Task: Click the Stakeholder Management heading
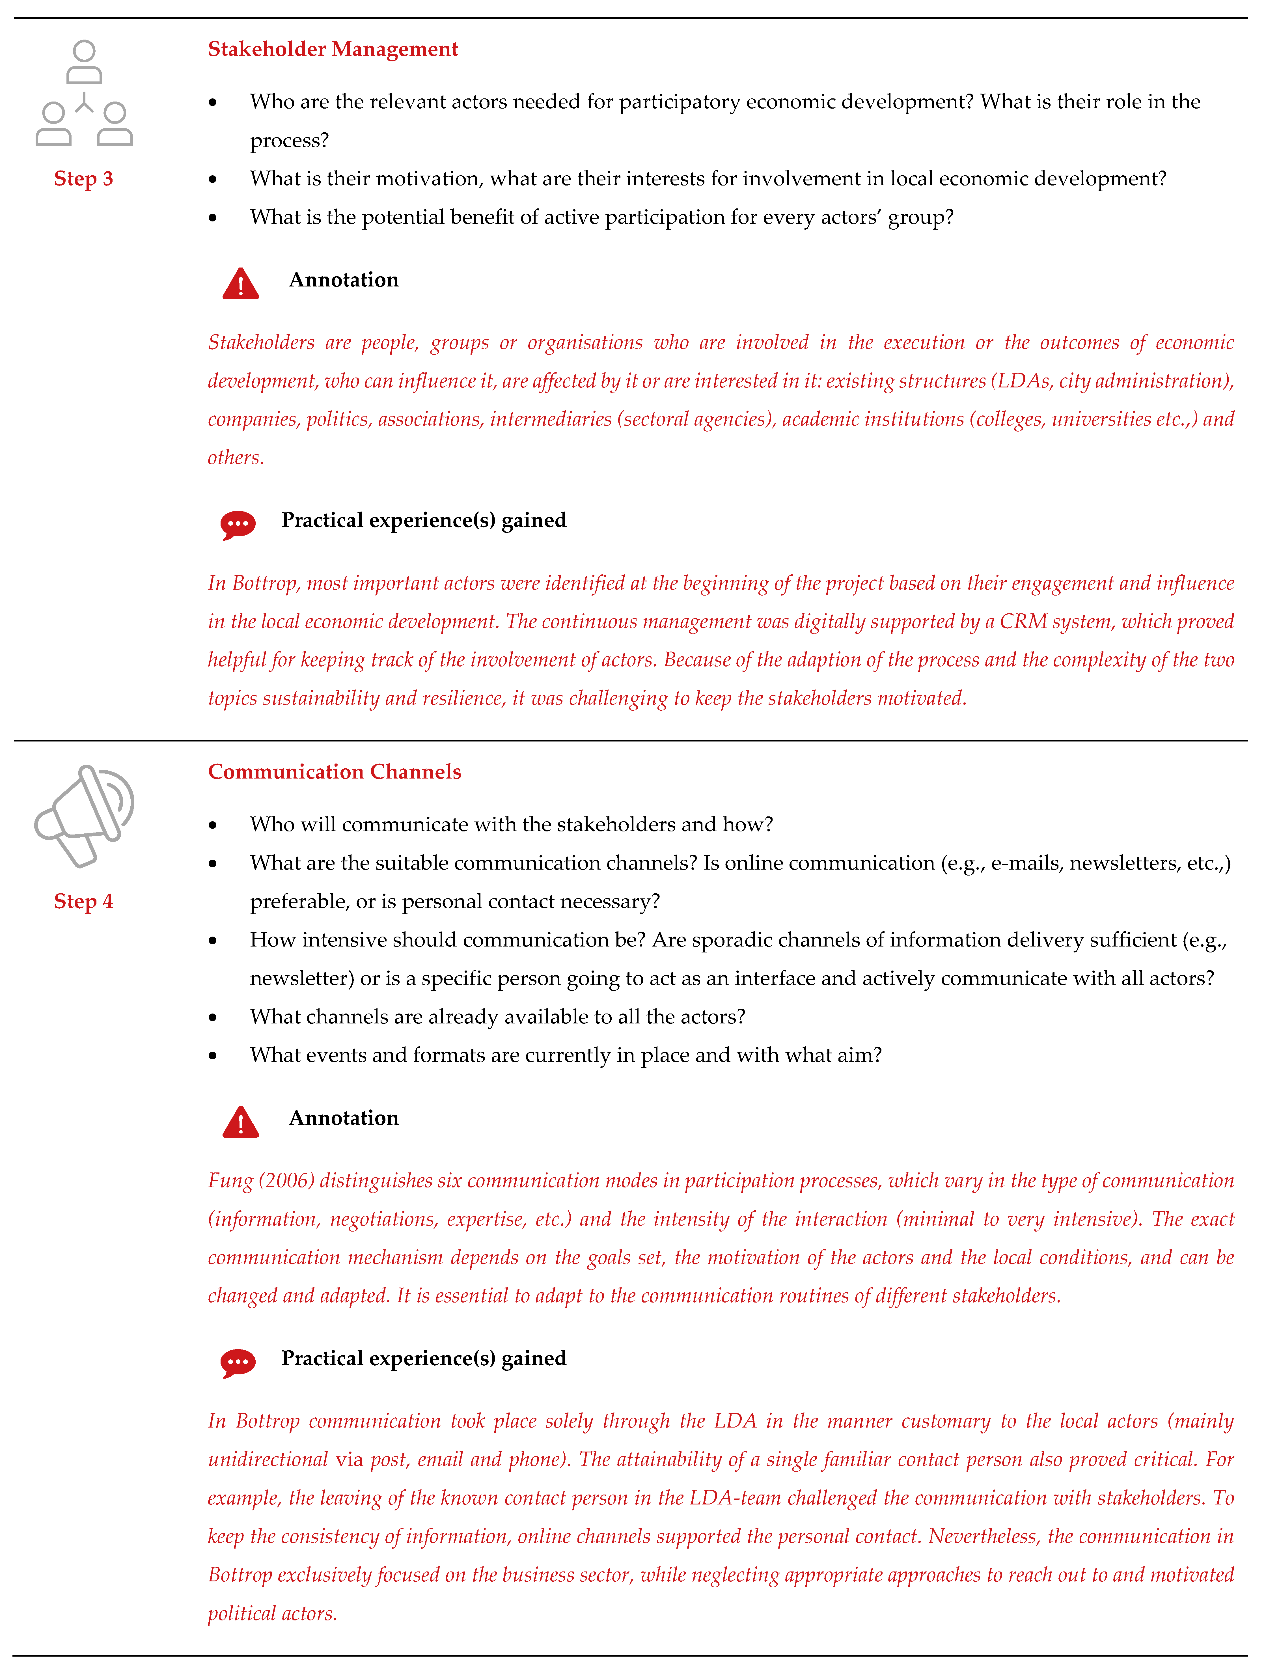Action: (333, 49)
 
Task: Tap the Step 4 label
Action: (83, 902)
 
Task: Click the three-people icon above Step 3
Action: (84, 93)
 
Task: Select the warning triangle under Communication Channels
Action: (240, 1122)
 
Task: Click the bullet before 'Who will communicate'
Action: (213, 825)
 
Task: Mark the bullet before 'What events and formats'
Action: (213, 1056)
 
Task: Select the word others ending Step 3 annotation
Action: (235, 458)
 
